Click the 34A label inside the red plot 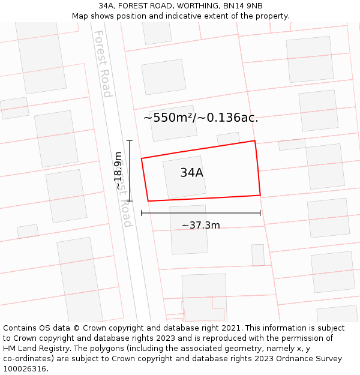192,173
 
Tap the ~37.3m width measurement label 200,226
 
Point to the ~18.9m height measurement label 118,171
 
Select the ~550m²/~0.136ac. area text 201,118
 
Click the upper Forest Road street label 103,64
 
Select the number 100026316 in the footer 25,369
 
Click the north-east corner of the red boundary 255,141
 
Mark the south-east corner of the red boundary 260,195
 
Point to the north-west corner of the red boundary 142,158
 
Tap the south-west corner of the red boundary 148,201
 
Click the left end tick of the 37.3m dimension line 142,212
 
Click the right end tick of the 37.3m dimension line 260,212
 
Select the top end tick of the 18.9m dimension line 130,140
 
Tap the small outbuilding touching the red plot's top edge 228,139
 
